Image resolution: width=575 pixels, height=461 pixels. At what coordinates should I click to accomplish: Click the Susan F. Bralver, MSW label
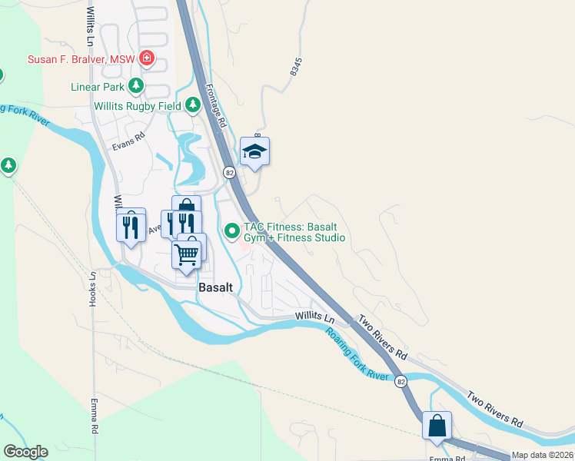81,59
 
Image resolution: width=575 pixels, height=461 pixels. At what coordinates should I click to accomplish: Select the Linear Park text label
97,86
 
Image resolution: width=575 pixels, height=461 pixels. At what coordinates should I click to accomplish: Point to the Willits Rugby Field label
137,106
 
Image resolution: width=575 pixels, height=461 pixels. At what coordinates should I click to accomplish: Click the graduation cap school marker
254,151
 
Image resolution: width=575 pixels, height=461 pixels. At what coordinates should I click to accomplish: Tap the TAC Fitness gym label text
294,232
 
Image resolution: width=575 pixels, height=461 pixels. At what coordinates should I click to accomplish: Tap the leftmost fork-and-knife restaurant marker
131,226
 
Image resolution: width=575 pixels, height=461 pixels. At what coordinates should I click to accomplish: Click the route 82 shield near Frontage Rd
229,173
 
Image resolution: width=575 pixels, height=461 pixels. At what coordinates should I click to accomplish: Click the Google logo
25,451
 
